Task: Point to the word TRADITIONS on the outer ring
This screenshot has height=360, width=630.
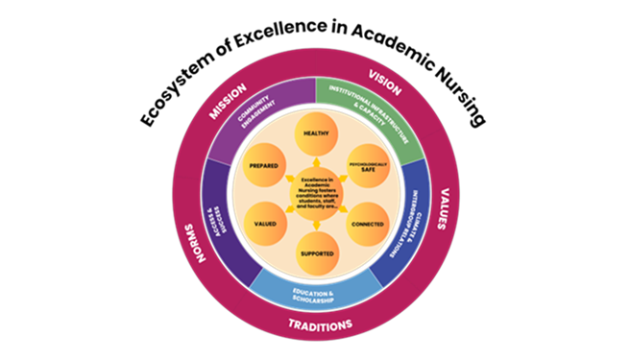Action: [318, 323]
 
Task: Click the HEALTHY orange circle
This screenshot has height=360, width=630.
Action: [316, 137]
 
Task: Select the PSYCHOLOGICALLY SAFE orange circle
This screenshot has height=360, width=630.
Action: [366, 164]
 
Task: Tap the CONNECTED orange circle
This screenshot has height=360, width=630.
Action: [366, 225]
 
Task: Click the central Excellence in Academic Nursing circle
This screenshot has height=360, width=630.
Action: [316, 195]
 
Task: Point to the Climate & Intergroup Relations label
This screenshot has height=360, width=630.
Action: [415, 229]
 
